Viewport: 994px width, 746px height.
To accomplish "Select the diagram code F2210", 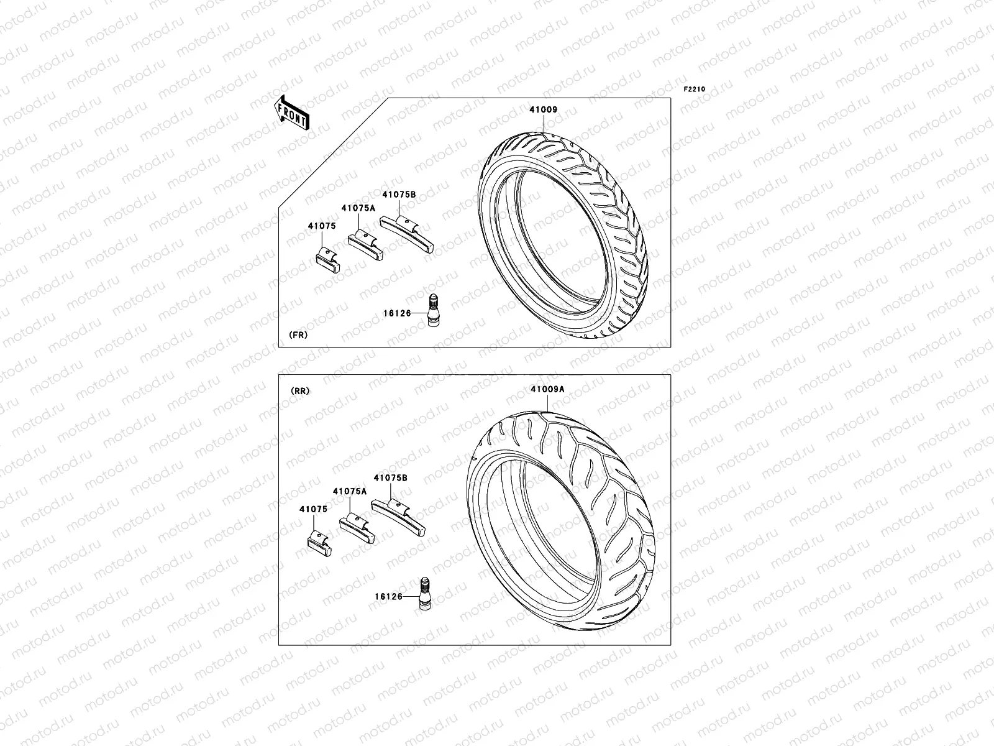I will pyautogui.click(x=695, y=90).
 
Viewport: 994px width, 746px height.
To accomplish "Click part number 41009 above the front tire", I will pyautogui.click(x=543, y=110).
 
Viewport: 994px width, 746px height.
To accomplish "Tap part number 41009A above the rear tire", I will pyautogui.click(x=547, y=390).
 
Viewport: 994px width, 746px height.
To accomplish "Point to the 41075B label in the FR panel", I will pyautogui.click(x=398, y=195).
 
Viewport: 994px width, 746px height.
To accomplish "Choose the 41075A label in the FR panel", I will pyautogui.click(x=358, y=208).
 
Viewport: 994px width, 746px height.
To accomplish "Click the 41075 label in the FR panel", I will pyautogui.click(x=321, y=226).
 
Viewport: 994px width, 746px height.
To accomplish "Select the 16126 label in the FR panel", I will pyautogui.click(x=398, y=313).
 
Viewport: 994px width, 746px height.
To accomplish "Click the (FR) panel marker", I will pyautogui.click(x=298, y=334).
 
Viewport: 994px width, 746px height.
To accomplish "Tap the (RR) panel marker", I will pyautogui.click(x=299, y=391).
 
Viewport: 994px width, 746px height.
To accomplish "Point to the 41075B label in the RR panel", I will pyautogui.click(x=390, y=478).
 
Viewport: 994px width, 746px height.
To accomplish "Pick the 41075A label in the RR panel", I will pyautogui.click(x=350, y=491).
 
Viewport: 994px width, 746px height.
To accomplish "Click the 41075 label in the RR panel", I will pyautogui.click(x=313, y=509).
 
